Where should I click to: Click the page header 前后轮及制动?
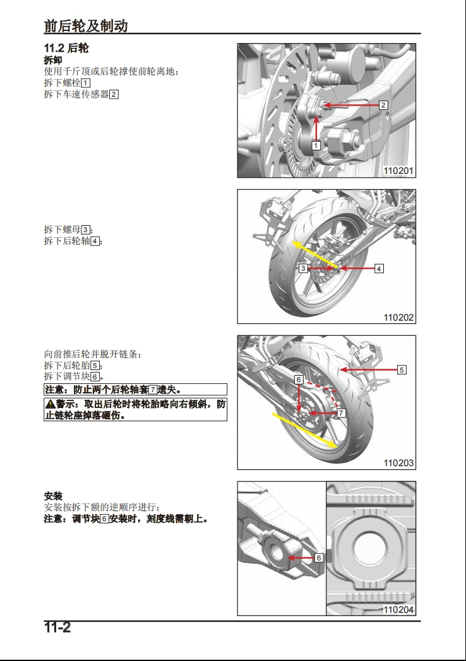(x=86, y=25)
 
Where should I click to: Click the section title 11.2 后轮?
(x=70, y=48)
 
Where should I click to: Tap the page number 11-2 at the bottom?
(x=57, y=627)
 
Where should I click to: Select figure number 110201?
(x=398, y=171)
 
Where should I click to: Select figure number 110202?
(x=398, y=317)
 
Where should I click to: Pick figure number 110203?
(x=398, y=463)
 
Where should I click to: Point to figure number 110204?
(x=398, y=610)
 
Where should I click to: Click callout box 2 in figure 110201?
(x=383, y=105)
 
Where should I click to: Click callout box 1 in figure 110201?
(x=316, y=145)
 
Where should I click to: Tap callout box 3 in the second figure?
(x=303, y=269)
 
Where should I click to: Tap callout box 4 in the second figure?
(x=379, y=269)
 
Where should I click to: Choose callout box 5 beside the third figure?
(x=402, y=370)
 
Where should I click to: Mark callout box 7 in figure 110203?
(x=340, y=413)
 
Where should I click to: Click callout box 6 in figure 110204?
(x=318, y=558)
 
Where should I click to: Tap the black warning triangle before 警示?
(x=49, y=404)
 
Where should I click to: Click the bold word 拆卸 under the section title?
(x=52, y=60)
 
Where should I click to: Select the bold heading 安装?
(x=52, y=495)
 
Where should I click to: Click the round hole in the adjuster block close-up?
(x=371, y=545)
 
